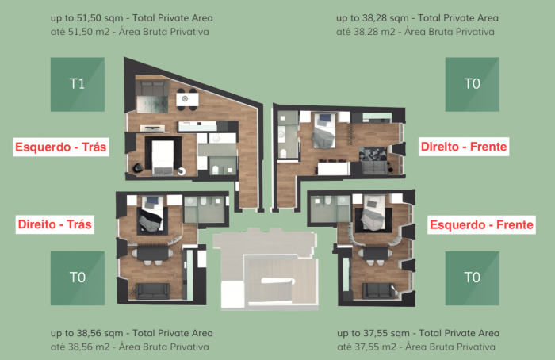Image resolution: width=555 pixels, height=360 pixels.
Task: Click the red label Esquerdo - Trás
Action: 61,147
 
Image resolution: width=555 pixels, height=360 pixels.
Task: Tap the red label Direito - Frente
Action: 464,147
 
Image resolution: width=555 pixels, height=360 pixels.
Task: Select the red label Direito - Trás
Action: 55,224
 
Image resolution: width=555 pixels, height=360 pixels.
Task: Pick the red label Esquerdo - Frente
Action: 481,224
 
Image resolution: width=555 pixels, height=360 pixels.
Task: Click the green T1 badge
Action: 78,85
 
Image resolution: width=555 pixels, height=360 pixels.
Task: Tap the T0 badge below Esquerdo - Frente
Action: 473,278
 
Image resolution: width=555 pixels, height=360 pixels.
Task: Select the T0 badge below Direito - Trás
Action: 78,278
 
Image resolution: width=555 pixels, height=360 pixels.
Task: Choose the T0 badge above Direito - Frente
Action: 473,85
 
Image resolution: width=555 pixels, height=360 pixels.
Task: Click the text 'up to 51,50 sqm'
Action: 86,18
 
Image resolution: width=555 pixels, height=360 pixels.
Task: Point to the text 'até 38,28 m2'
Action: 366,32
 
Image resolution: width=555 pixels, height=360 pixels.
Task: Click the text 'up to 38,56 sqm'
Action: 86,333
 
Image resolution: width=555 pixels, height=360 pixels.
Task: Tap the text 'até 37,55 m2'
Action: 366,347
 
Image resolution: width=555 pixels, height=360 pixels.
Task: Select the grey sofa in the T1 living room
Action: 152,87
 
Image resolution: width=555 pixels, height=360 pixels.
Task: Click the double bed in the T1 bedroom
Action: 163,156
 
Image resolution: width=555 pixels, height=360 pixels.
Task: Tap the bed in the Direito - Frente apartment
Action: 324,130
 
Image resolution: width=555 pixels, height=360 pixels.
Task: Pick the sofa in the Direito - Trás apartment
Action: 152,291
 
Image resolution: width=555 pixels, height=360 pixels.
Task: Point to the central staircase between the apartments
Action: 270,280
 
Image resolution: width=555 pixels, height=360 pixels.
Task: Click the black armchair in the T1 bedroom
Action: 138,168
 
